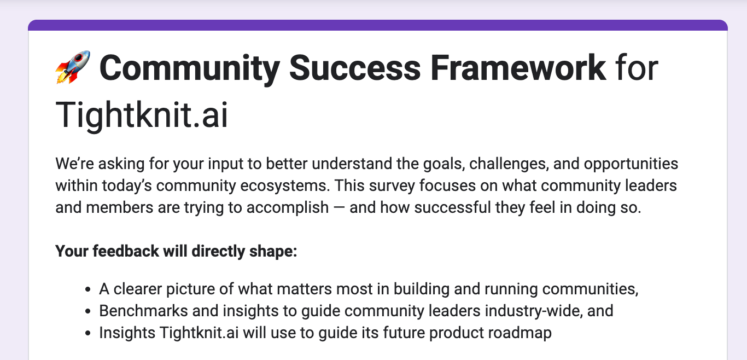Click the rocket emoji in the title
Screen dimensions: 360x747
tap(73, 68)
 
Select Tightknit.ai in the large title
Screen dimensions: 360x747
tap(142, 114)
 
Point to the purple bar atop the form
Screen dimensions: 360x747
tap(377, 25)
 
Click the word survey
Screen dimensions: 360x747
tap(386, 185)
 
